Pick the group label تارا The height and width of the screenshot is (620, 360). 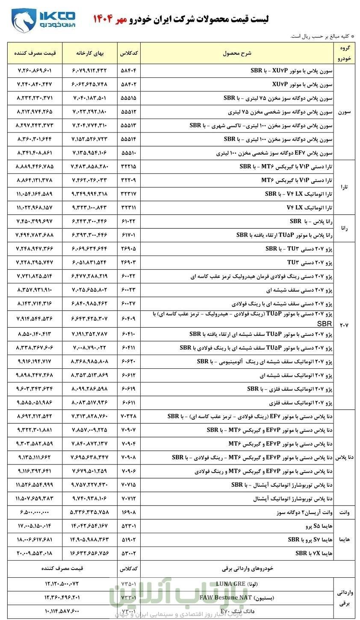coord(344,187)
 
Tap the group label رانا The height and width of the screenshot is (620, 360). coord(344,228)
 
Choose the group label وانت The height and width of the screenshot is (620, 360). coord(344,512)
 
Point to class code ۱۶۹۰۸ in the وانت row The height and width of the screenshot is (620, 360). coord(129,512)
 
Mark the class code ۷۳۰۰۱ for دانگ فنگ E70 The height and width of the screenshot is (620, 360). coord(129,611)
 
